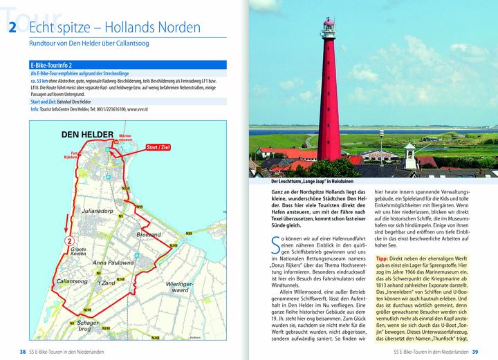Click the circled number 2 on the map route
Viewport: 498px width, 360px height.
click(x=70, y=241)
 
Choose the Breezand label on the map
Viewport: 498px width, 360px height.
click(x=148, y=236)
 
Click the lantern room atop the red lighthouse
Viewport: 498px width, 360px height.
click(x=328, y=28)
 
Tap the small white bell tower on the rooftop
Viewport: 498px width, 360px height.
click(x=409, y=150)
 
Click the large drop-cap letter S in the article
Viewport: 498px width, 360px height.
click(x=277, y=245)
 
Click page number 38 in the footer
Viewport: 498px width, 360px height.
click(x=23, y=352)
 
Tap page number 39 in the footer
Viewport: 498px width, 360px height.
click(x=475, y=352)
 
